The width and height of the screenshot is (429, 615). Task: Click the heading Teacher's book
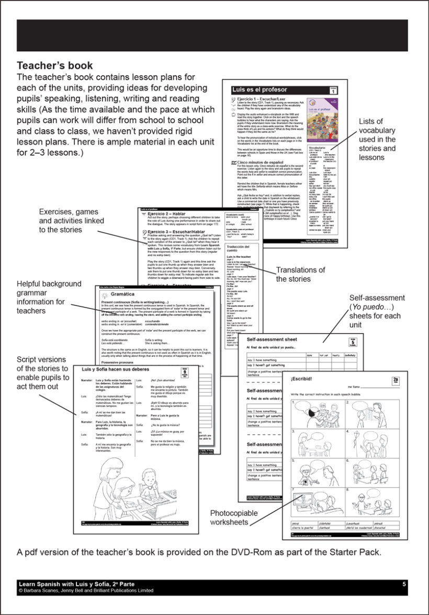click(x=55, y=66)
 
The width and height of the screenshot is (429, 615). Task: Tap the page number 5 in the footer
click(x=404, y=584)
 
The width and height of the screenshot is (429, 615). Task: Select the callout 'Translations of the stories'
click(x=300, y=274)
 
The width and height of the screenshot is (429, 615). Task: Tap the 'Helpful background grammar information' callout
click(x=49, y=297)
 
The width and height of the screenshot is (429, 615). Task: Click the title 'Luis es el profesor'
click(x=259, y=90)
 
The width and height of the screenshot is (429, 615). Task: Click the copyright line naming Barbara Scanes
click(x=86, y=590)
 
